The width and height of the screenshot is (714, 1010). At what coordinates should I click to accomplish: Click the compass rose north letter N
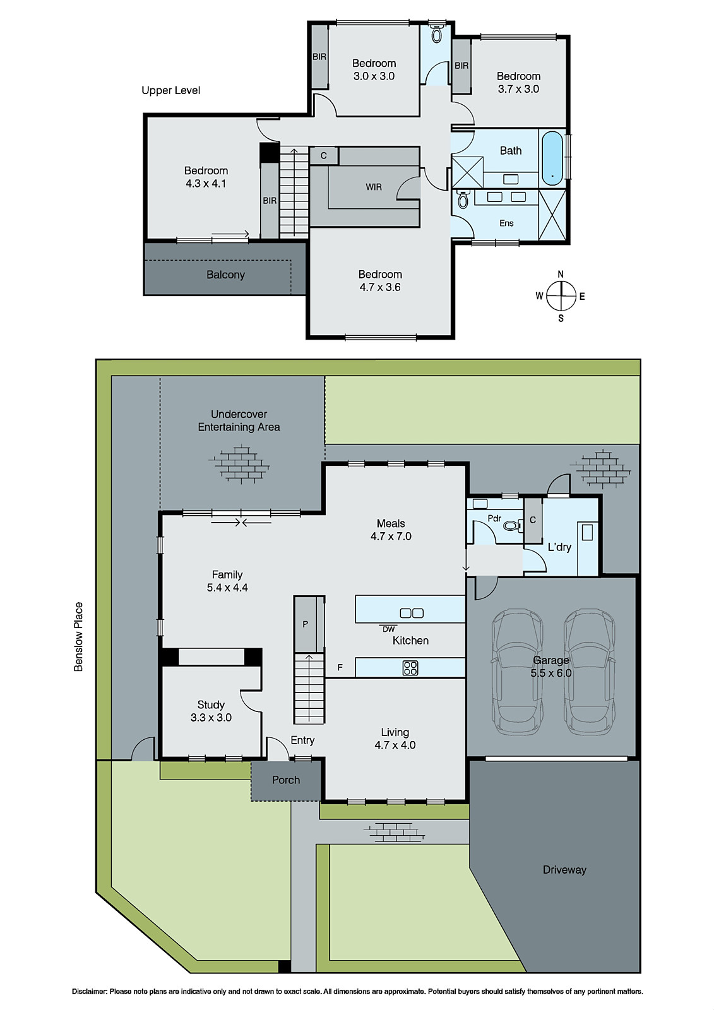coord(561,274)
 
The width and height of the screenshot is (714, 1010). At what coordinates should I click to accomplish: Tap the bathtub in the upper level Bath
coord(552,158)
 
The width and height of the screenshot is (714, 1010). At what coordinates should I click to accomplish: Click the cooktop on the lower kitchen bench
coord(410,667)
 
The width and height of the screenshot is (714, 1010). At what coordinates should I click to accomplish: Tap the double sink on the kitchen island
coord(412,612)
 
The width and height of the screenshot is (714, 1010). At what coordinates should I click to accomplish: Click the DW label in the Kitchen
coord(388,629)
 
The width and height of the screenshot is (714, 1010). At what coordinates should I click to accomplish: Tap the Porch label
coord(286,780)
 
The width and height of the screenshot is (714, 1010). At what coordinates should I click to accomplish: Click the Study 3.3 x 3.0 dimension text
coord(211,718)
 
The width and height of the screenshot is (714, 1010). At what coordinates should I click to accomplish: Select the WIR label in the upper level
coord(374,187)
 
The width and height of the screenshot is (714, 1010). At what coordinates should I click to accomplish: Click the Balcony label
coord(225,275)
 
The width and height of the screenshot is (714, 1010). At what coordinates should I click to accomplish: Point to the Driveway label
coord(564,870)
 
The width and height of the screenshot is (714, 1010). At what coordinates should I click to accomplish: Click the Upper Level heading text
coord(170,90)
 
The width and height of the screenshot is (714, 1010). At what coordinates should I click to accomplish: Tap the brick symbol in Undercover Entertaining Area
coord(239,464)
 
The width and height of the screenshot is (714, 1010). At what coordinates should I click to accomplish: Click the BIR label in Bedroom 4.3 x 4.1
coord(270,201)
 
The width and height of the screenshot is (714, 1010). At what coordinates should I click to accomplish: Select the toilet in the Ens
coord(463,201)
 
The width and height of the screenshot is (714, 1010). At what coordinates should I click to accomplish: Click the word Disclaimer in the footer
coord(89,992)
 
